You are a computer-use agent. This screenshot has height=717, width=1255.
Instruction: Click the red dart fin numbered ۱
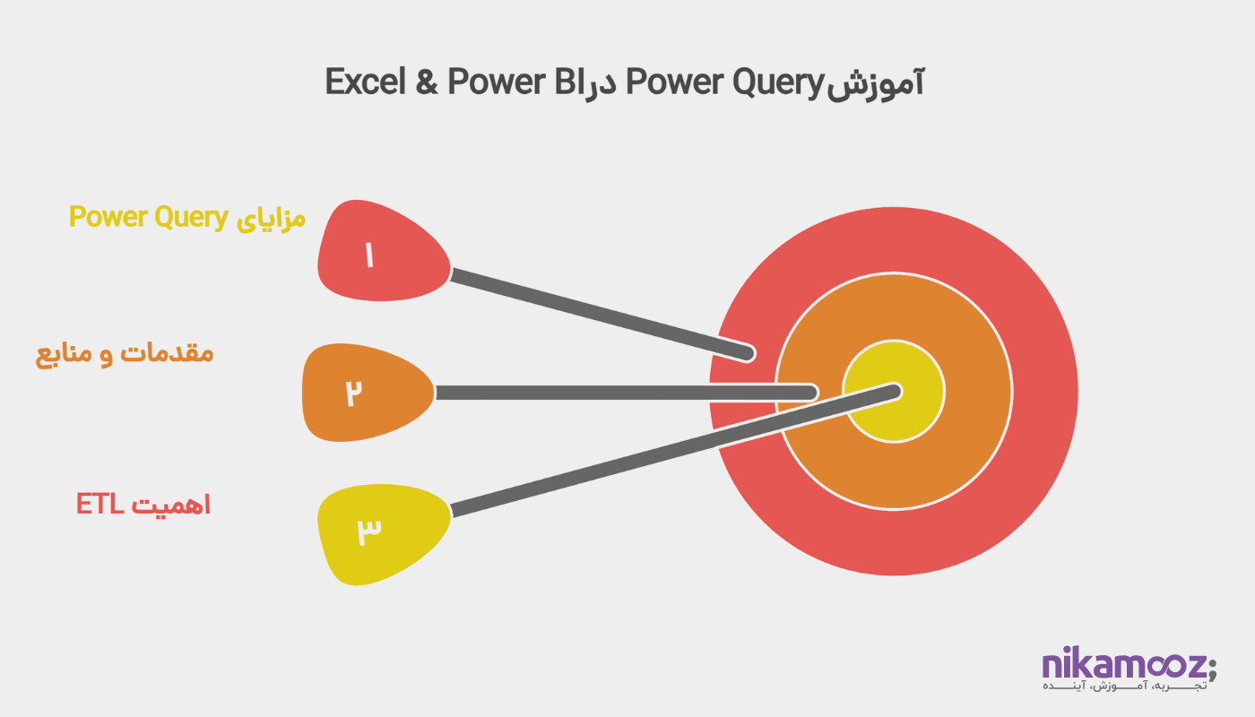coord(381,255)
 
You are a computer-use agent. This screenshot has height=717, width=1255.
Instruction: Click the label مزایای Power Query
coord(187,218)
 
